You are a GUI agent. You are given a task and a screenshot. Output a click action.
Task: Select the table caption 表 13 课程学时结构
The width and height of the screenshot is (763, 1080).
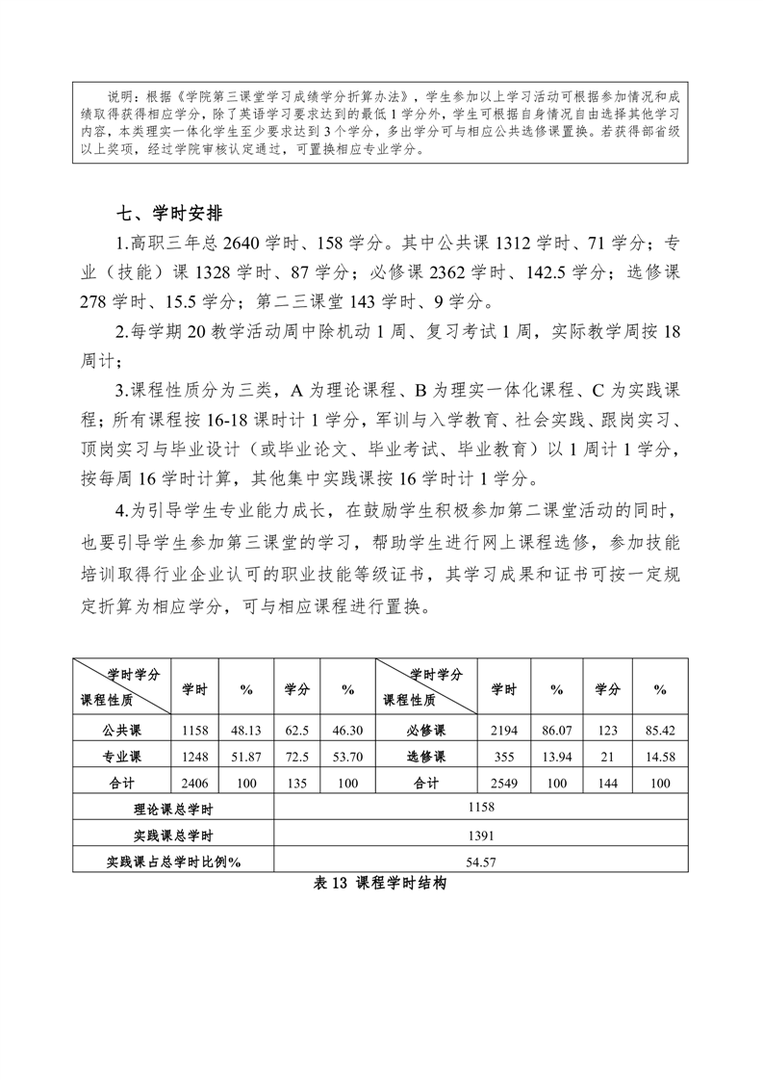380,886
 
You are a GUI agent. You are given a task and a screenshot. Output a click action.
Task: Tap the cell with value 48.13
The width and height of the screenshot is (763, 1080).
246,731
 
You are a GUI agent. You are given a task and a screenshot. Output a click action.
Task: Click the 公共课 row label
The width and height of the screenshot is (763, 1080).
121,731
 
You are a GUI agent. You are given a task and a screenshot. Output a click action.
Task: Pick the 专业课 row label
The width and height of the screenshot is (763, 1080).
121,757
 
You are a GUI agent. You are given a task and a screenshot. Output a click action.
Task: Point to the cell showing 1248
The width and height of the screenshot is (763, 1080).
194,757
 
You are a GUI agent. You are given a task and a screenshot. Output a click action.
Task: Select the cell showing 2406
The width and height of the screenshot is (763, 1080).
194,784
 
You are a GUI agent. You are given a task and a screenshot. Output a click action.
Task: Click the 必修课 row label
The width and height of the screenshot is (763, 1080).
426,731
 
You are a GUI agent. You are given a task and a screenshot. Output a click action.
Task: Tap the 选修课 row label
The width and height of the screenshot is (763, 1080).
426,757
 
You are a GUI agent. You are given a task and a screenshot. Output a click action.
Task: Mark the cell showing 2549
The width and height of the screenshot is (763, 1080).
503,784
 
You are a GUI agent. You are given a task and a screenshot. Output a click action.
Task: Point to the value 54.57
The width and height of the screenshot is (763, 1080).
481,861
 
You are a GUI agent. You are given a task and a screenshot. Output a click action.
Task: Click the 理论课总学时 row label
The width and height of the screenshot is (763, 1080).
173,809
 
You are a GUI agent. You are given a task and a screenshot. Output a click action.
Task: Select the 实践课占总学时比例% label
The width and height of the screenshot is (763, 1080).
173,861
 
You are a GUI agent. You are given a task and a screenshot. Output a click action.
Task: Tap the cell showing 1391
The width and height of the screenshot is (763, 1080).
481,835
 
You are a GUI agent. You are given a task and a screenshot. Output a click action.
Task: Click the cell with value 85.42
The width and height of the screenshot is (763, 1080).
660,731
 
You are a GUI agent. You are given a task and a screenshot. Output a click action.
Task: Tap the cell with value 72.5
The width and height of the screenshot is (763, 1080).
296,757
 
